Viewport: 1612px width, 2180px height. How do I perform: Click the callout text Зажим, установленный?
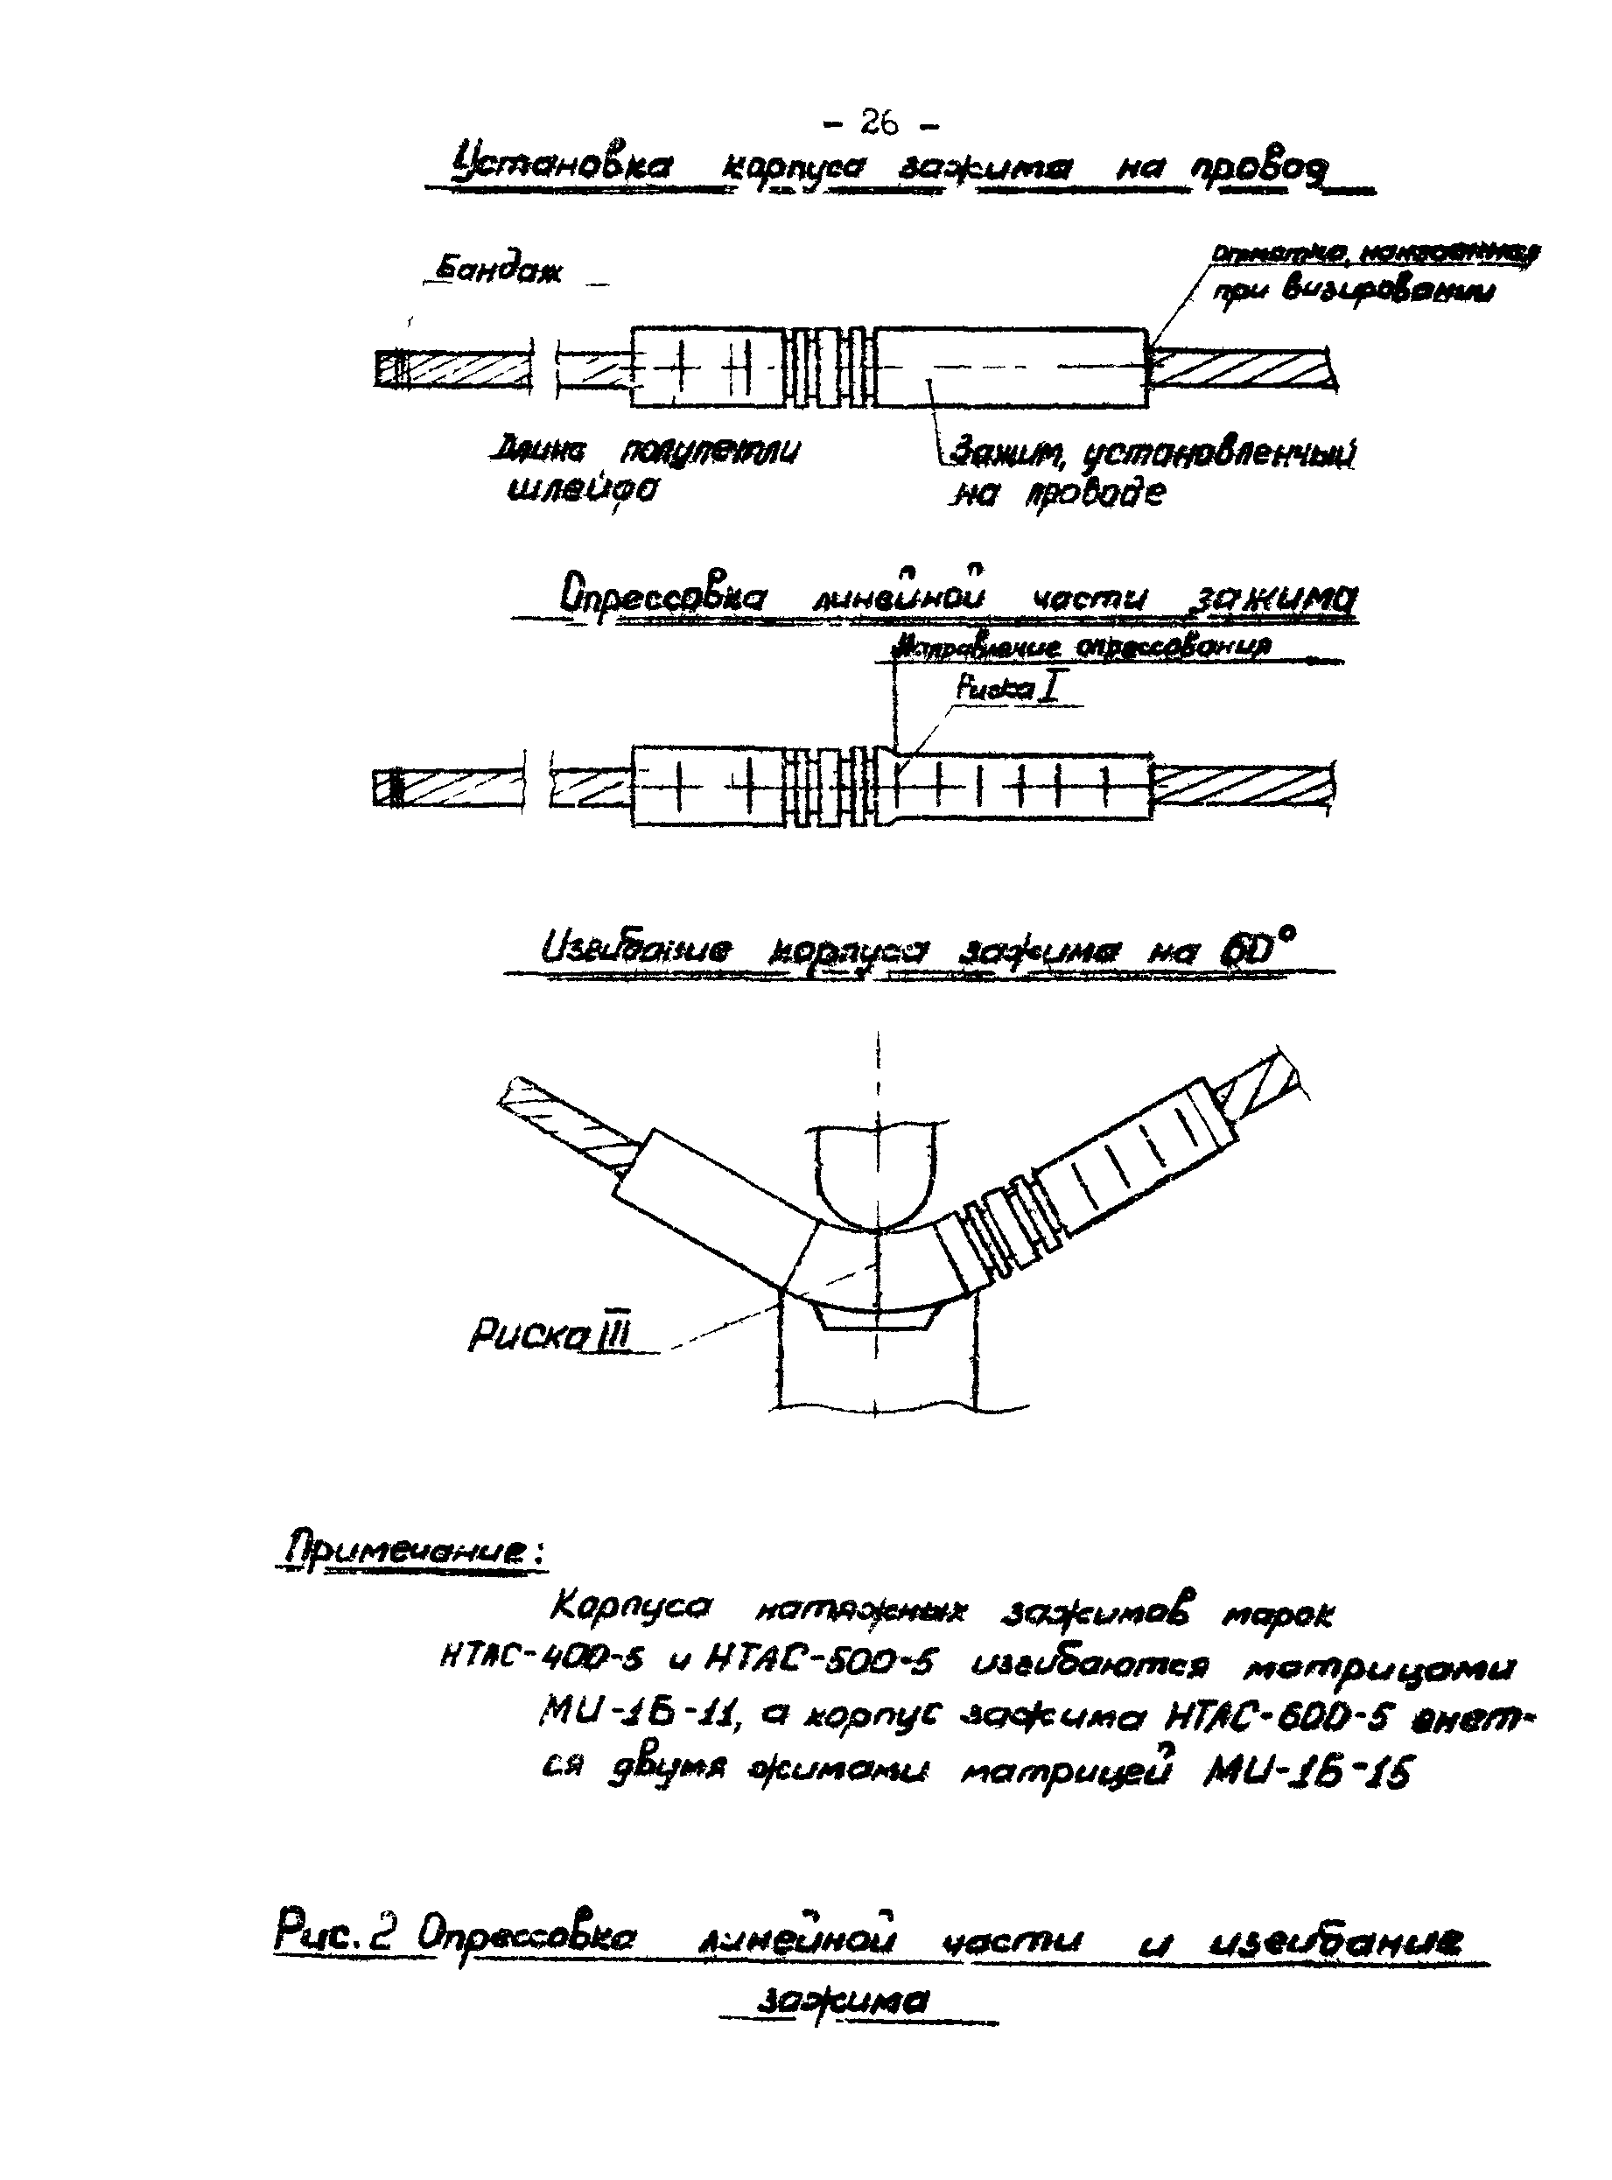1153,452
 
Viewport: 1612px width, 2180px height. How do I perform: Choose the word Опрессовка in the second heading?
663,595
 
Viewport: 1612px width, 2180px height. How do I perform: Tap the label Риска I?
1007,688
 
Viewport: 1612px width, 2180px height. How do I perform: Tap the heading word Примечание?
413,1552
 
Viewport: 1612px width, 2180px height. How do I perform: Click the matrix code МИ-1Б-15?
1307,1771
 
